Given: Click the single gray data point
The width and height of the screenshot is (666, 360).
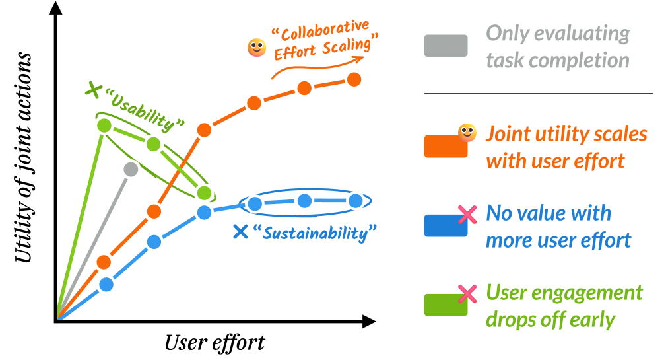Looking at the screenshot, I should pos(131,169).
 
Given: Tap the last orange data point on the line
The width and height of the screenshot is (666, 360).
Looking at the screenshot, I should pos(354,79).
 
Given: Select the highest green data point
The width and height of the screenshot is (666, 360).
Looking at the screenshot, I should pos(104,125).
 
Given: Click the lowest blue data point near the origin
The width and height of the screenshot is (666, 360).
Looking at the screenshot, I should pos(106,285).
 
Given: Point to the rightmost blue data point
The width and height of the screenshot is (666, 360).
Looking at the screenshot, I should pos(355,201).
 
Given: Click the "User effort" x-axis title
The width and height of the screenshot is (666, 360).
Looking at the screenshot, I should pos(215,342).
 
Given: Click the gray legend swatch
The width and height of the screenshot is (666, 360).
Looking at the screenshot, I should pos(446,46).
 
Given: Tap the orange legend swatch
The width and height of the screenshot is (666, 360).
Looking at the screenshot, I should pos(446,147).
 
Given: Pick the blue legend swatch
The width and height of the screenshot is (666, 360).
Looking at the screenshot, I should pos(446,226).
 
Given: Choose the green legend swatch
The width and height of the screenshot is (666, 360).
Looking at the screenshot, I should pos(446,305).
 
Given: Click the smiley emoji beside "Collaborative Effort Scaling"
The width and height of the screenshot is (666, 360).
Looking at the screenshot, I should pos(256,48).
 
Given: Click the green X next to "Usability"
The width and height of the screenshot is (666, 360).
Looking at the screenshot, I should pos(94,89).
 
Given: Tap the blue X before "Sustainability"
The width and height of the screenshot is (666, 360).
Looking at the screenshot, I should pos(241,232).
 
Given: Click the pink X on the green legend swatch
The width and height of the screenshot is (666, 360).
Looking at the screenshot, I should pos(467,293).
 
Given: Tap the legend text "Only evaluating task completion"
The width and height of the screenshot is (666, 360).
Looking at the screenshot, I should pos(558,46).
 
